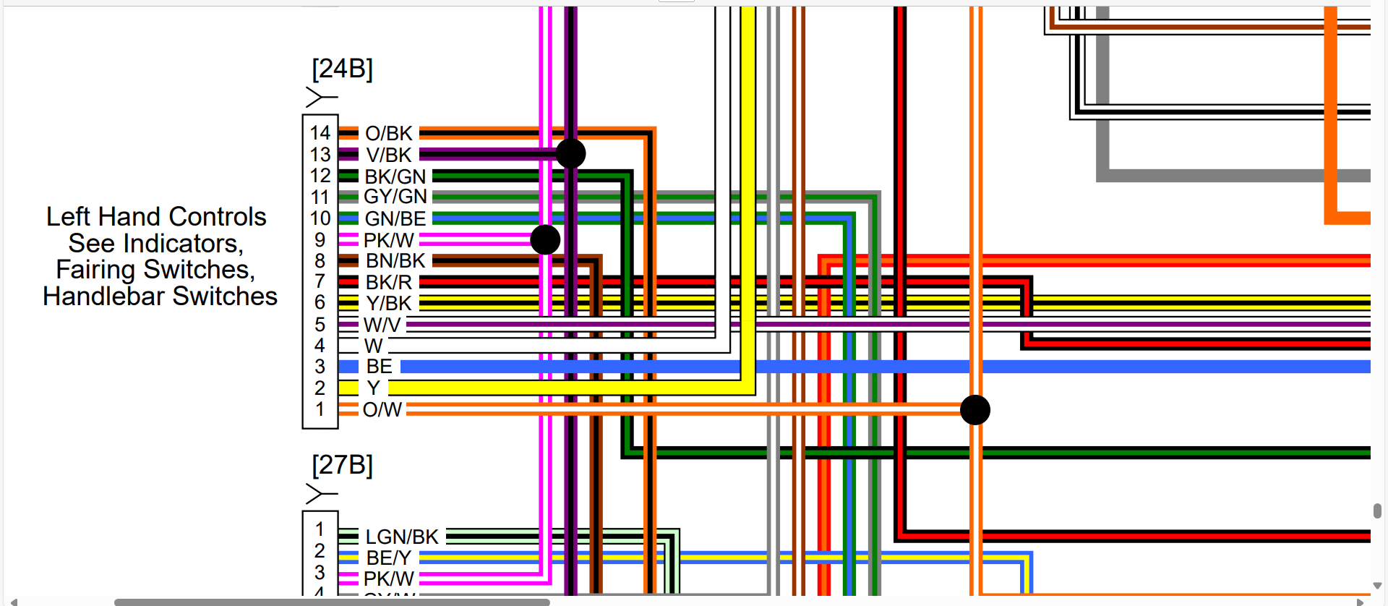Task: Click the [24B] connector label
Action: (342, 69)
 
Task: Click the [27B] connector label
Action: (342, 465)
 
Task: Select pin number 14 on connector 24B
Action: (320, 133)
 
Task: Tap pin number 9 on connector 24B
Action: (320, 240)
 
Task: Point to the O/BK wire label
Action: (388, 134)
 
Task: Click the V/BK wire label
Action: (388, 155)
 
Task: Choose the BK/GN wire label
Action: (395, 176)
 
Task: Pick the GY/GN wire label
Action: (395, 197)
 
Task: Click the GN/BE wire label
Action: (395, 218)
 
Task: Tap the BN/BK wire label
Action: (395, 260)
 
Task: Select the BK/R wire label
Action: (388, 282)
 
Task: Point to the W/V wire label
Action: (382, 325)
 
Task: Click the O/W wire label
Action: (382, 410)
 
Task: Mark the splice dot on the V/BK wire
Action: (570, 153)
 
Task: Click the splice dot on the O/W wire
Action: (974, 410)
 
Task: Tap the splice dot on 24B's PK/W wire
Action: (545, 239)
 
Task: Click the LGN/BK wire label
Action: (402, 537)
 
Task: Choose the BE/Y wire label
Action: (388, 558)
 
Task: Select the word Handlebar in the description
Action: (104, 296)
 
